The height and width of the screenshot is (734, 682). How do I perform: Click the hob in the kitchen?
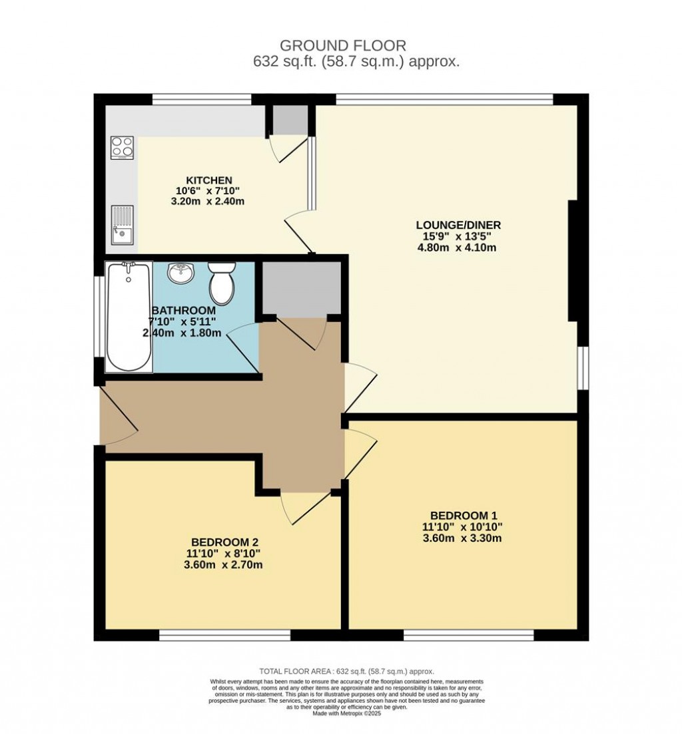tap(122, 148)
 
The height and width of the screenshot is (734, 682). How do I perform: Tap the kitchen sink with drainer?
tap(122, 224)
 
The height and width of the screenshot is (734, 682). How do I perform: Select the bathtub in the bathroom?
tap(129, 316)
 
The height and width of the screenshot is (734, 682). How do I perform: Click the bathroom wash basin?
tap(180, 273)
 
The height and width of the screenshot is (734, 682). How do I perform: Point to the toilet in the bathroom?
tap(221, 283)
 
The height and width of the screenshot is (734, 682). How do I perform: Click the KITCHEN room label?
tap(208, 180)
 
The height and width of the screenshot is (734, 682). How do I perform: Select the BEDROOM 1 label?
tap(464, 515)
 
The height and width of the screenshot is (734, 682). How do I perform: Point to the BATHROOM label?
tap(183, 310)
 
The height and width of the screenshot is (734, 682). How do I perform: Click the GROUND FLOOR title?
tap(342, 46)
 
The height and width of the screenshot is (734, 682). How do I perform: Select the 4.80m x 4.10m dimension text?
tap(457, 248)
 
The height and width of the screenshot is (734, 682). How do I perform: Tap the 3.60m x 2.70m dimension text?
tap(224, 566)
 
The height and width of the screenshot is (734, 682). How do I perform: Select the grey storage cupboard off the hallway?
tap(300, 287)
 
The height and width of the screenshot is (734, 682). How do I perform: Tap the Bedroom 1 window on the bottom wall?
tap(468, 636)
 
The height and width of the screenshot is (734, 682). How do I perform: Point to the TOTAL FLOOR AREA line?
tap(341, 672)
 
